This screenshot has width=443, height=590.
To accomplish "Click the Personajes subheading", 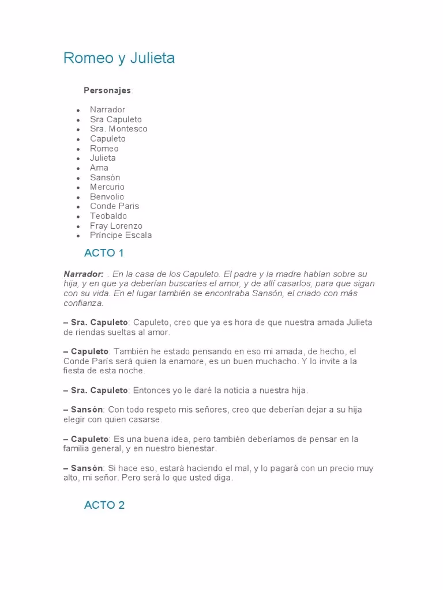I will [x=107, y=90].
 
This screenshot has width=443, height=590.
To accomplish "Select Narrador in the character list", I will [x=107, y=109].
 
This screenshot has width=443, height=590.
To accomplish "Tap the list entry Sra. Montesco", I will [x=118, y=129].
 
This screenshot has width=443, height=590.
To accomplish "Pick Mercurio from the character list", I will [x=107, y=187].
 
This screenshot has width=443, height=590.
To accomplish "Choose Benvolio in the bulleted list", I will [x=107, y=196].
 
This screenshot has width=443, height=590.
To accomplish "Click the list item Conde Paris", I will [x=114, y=206].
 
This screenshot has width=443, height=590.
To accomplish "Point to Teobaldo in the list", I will [x=108, y=216].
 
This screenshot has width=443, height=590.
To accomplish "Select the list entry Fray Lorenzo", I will [x=116, y=226].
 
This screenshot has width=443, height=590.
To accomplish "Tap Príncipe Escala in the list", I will [x=121, y=235].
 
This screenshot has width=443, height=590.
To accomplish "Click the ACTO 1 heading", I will [x=104, y=253].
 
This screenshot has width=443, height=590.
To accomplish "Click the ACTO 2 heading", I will [x=104, y=505].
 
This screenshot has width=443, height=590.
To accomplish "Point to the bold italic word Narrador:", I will [x=84, y=274].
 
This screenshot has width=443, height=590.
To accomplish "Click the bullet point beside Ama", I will [x=78, y=168].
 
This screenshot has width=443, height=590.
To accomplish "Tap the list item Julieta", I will [x=103, y=158].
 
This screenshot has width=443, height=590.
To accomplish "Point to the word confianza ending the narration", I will [x=83, y=303].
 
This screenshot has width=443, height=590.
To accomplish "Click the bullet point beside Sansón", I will [x=78, y=178].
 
